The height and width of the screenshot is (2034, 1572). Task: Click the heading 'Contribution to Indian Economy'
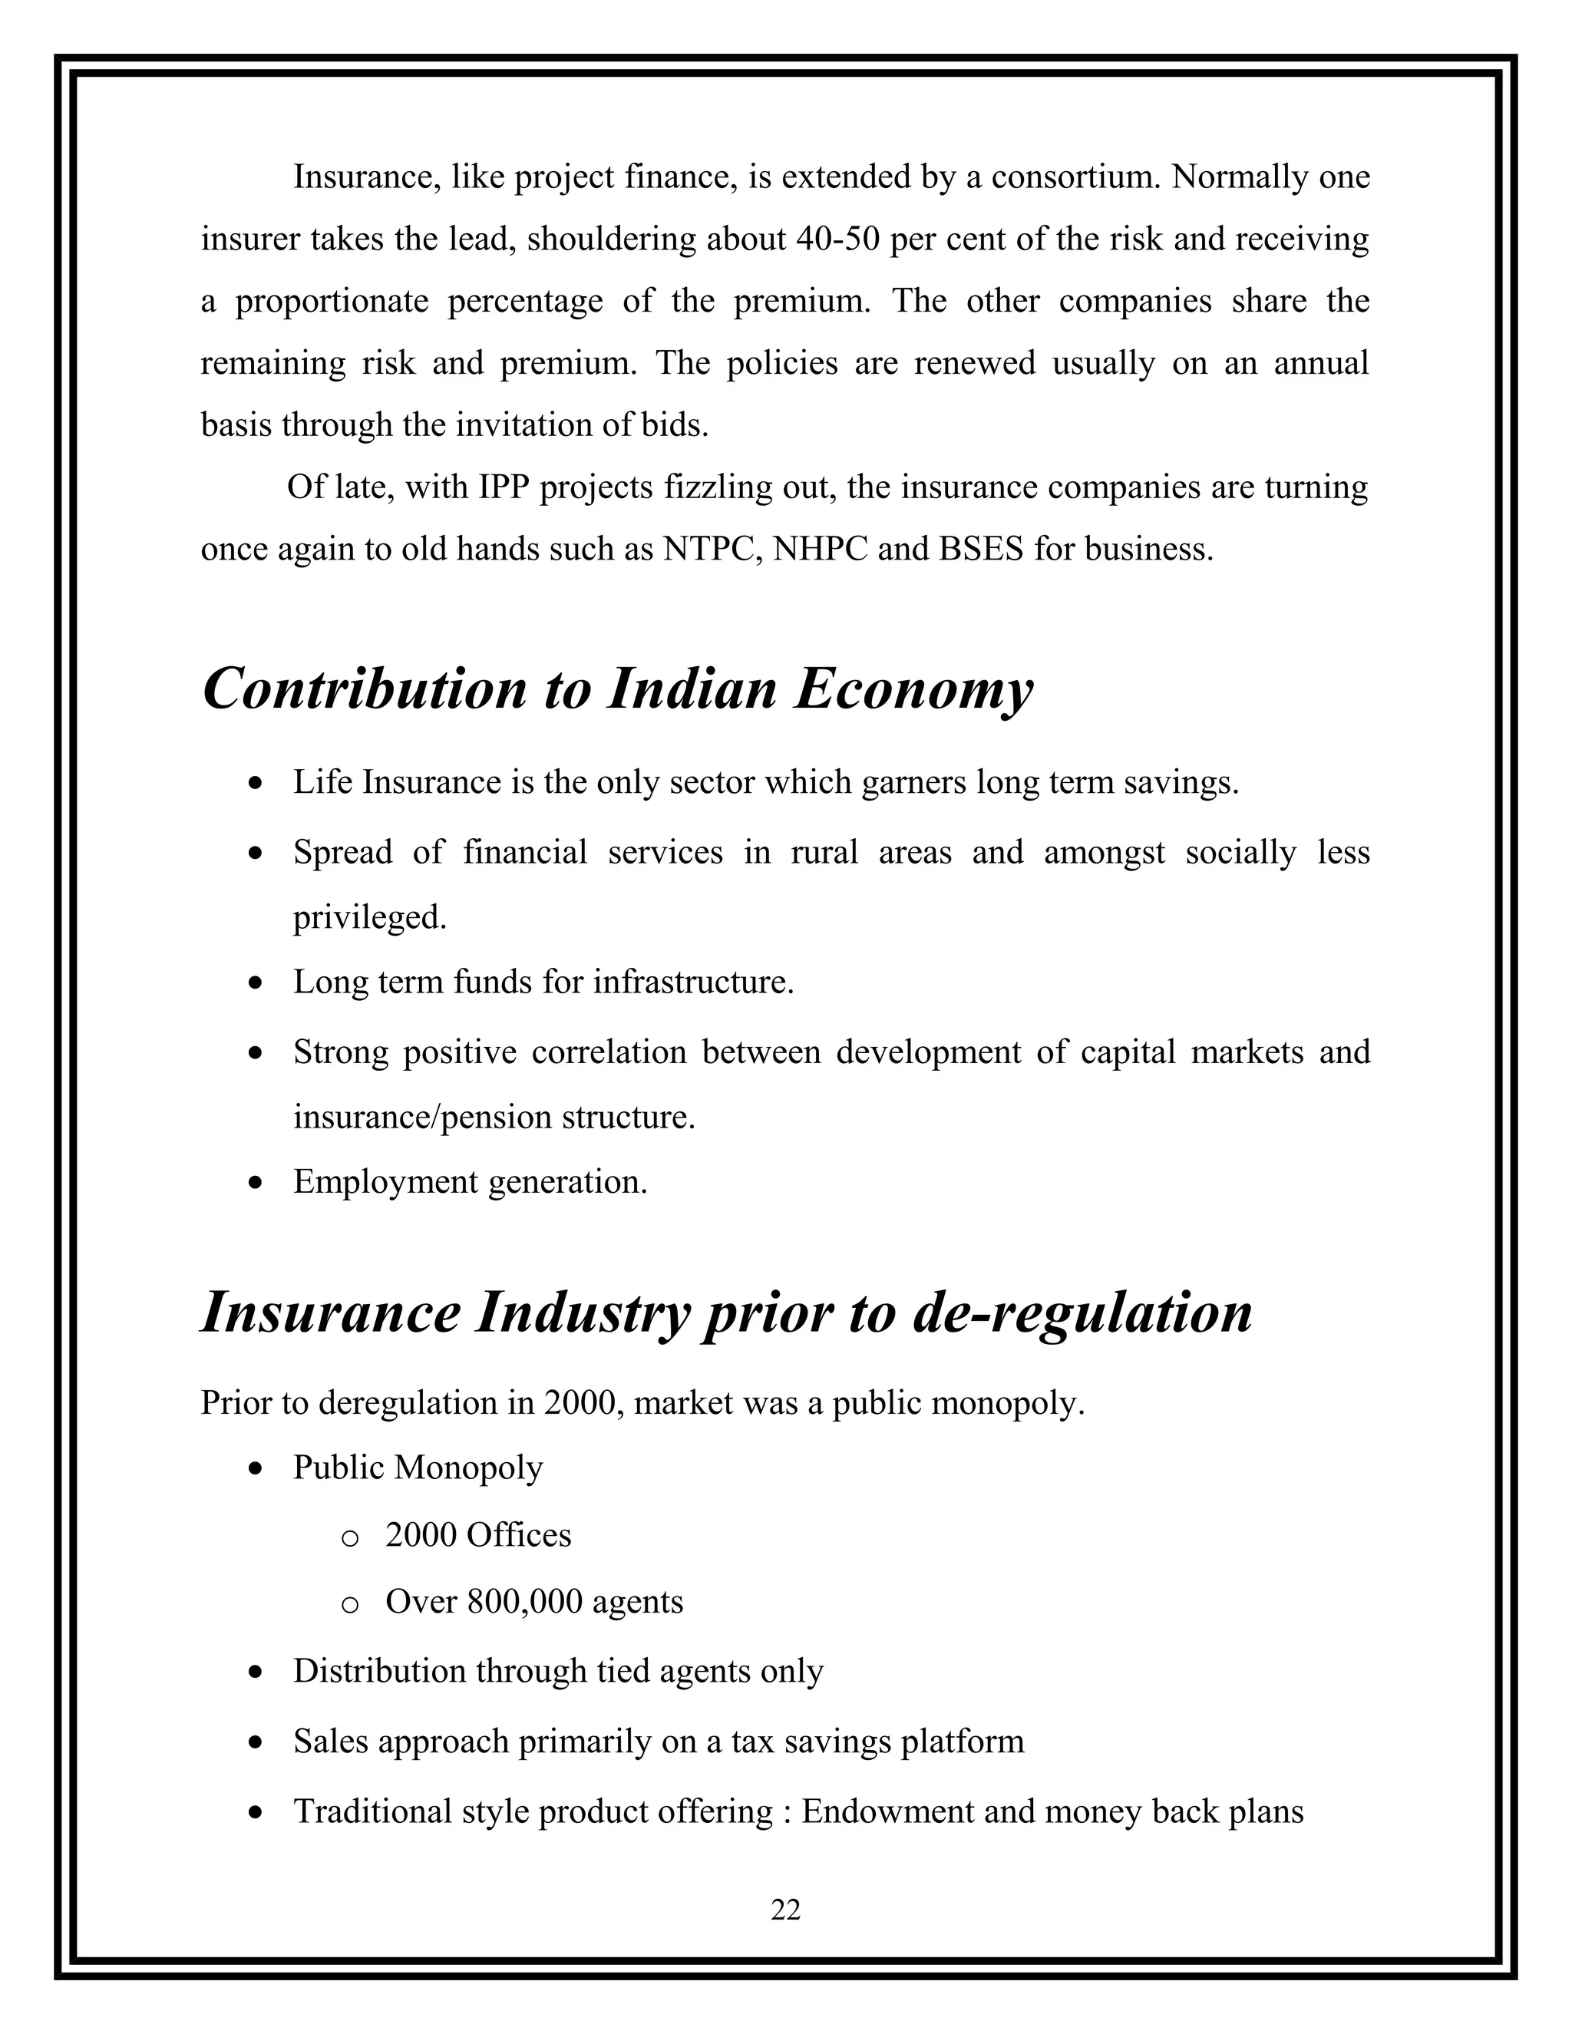pyautogui.click(x=617, y=690)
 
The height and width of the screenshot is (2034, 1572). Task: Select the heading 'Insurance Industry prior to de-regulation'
pyautogui.click(x=726, y=1313)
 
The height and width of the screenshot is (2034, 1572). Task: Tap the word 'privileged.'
pyautogui.click(x=370, y=918)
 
